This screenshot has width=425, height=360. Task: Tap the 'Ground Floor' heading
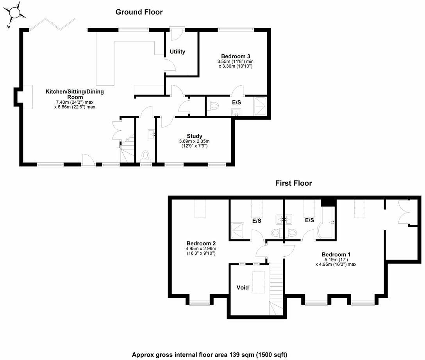139,12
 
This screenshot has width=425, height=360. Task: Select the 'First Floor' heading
293,183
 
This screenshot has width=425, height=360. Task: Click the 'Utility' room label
177,52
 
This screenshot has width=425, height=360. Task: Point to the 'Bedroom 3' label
236,56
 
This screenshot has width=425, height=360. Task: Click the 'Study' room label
194,136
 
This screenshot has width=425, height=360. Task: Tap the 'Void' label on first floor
242,288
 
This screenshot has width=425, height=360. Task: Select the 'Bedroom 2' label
201,242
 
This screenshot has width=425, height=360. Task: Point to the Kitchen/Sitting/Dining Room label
75,94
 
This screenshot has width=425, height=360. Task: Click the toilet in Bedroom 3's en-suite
213,106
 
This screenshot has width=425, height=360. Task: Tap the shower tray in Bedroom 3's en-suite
260,106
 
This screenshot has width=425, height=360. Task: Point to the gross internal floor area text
209,355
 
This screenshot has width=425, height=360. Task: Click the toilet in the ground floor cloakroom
145,156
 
